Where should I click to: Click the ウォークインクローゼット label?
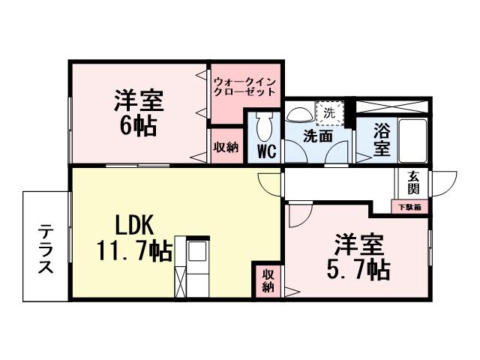point(245,86)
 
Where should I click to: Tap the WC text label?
point(266,150)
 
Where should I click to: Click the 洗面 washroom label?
point(318,137)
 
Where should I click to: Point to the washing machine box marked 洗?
point(328,113)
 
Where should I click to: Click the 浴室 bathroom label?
point(382,138)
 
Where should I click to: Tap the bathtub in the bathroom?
point(412,139)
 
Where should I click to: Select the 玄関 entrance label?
point(413,184)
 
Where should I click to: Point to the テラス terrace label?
point(46,247)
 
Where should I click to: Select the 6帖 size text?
point(139,124)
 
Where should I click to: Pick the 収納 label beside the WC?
point(226,147)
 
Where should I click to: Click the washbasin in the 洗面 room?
point(301,113)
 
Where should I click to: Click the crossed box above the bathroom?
point(391,106)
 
